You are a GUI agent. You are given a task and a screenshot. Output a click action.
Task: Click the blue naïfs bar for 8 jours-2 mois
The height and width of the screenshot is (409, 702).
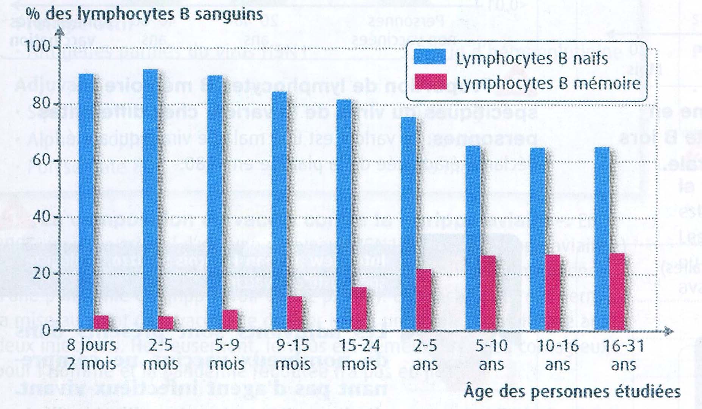pyautogui.click(x=86, y=201)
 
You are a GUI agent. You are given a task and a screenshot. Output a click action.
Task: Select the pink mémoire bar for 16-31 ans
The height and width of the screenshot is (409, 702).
pyautogui.click(x=617, y=292)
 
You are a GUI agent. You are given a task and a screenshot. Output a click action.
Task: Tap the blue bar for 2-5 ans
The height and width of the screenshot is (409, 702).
pyautogui.click(x=408, y=223)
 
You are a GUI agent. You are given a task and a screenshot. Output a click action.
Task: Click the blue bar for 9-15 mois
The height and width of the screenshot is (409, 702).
pyautogui.click(x=279, y=211)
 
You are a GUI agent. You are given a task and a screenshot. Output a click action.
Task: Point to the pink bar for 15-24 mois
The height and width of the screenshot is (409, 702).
pyautogui.click(x=359, y=308)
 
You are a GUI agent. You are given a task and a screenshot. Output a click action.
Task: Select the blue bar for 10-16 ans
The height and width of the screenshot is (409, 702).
pyautogui.click(x=537, y=239)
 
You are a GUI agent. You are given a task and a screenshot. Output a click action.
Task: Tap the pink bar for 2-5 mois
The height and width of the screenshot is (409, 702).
pyautogui.click(x=166, y=323)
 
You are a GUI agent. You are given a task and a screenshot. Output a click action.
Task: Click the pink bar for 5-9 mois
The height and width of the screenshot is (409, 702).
pyautogui.click(x=230, y=320)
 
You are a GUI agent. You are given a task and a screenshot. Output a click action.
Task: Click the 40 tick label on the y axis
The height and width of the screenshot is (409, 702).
pyautogui.click(x=42, y=217)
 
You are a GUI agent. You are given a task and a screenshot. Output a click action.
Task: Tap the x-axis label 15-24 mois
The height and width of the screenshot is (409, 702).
pyautogui.click(x=359, y=355)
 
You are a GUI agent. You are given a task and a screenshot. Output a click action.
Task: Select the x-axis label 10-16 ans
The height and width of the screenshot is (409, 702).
pyautogui.click(x=557, y=355)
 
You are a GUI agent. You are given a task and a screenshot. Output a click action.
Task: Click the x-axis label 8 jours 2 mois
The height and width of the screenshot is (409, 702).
pyautogui.click(x=92, y=355)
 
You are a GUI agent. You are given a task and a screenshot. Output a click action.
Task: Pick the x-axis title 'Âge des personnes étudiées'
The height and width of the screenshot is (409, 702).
pyautogui.click(x=572, y=392)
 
